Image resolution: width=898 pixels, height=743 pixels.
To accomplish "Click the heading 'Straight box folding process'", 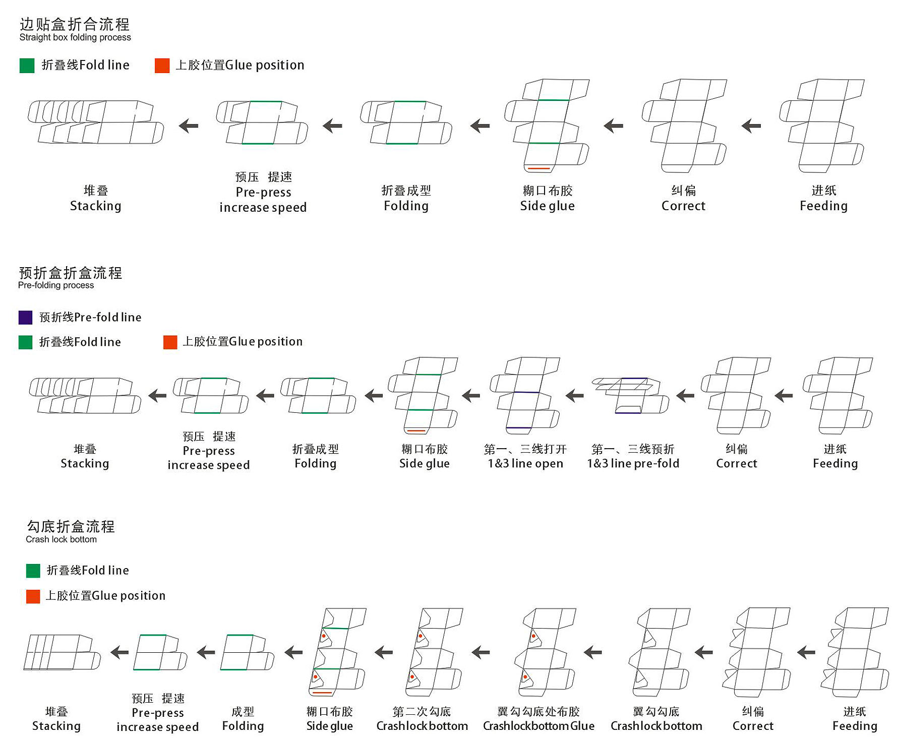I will tap(75, 37).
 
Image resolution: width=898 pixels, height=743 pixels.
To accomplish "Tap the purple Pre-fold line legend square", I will tap(25, 317).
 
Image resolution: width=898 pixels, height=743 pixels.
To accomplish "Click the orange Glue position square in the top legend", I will tap(162, 66).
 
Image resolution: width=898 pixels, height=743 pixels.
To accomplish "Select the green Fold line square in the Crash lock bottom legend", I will tap(33, 571).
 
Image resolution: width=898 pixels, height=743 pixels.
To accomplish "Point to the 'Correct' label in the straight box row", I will tap(683, 206).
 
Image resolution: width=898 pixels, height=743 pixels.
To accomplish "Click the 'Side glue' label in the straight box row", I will tap(547, 206).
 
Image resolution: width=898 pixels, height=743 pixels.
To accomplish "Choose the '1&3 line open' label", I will tap(525, 463).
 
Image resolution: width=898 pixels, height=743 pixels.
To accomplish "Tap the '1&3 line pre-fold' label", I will tap(633, 463).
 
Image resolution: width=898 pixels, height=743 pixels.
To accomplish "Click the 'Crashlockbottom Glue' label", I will tap(538, 726).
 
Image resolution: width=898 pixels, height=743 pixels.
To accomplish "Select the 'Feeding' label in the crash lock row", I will tap(855, 726).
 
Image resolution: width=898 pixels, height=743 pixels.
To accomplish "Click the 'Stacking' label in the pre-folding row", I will tap(85, 463).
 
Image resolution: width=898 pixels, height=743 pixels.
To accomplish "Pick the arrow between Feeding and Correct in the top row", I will tap(751, 126).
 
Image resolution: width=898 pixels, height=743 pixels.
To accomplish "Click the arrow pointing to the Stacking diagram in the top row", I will tap(189, 126).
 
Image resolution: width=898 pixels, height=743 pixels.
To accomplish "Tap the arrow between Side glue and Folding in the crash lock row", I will tap(293, 653).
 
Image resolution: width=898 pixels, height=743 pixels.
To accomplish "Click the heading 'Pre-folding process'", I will tap(56, 285).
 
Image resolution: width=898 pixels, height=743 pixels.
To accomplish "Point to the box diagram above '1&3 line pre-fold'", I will tap(630, 396).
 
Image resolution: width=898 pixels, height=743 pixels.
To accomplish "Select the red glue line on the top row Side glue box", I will tap(538, 168).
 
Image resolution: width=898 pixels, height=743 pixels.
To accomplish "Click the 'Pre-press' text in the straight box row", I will tap(263, 192).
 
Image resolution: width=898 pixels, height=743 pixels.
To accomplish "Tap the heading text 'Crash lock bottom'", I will tap(61, 539).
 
